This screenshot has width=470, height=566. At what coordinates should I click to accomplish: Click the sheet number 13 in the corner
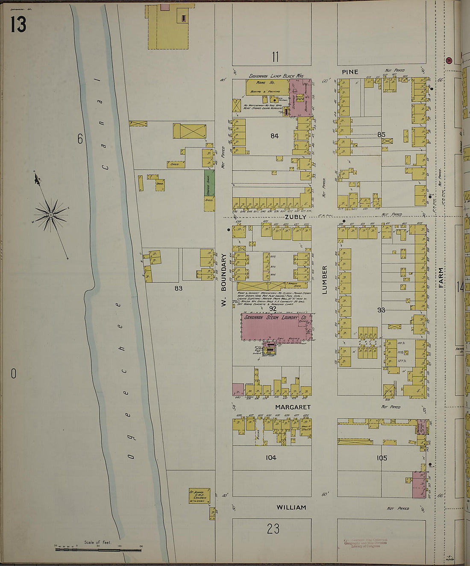tap(18, 24)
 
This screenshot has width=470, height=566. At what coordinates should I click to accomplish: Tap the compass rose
tap(51, 214)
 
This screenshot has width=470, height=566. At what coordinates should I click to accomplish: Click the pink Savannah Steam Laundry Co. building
tap(276, 327)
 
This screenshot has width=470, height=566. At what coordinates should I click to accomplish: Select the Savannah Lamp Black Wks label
tap(276, 76)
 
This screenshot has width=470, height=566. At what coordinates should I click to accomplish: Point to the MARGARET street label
tap(293, 408)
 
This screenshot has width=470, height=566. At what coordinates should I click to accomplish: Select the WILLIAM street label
tap(291, 507)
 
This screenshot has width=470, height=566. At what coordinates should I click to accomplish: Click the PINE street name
tap(350, 72)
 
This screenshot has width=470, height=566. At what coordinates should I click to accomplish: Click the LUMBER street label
tap(324, 279)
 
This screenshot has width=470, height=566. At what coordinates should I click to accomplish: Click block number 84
tap(274, 136)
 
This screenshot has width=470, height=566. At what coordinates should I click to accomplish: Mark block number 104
tap(271, 457)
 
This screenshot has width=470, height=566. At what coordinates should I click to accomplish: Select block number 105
tap(382, 458)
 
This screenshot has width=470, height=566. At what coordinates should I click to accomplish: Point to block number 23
tap(273, 529)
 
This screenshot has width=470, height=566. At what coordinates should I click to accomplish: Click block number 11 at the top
tap(275, 56)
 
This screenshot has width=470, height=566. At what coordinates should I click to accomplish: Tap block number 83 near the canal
tap(178, 288)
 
